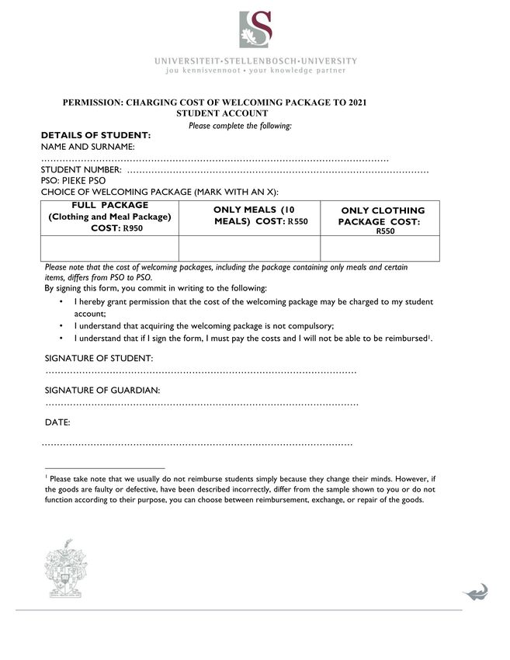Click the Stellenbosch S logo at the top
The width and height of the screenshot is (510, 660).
pos(255,30)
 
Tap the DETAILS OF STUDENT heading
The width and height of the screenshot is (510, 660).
pos(95,135)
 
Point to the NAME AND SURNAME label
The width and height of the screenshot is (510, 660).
pos(88,146)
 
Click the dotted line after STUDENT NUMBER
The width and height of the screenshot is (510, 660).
pos(277,170)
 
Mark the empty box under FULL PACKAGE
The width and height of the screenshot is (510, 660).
pos(109,248)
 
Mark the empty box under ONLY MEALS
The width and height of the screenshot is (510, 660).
pos(249,248)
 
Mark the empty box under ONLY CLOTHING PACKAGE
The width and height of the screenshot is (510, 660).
pos(380,248)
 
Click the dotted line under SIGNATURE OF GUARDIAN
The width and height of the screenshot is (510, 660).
pos(202,405)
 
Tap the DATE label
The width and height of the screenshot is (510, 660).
pos(57,422)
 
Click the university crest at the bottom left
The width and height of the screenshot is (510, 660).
pos(65,570)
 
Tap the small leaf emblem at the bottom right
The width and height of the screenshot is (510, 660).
pos(475,592)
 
